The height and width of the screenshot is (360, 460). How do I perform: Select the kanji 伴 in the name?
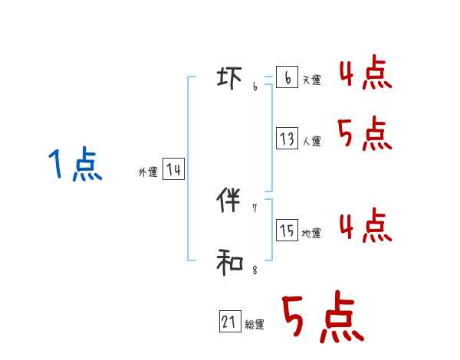(230, 201)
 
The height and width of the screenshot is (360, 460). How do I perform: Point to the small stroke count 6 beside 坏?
(255, 87)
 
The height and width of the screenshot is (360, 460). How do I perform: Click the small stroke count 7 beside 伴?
(255, 208)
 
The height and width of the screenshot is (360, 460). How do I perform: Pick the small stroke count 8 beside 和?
(255, 270)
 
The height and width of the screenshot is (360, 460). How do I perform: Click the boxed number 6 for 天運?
(287, 77)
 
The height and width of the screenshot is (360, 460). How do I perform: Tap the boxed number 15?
(287, 230)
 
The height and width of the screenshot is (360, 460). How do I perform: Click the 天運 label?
(311, 80)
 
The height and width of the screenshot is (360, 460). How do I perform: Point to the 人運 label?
(311, 141)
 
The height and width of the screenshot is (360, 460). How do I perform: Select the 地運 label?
(311, 233)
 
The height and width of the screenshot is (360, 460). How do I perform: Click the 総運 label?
(255, 325)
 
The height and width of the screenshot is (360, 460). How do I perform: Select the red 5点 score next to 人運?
(365, 135)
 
